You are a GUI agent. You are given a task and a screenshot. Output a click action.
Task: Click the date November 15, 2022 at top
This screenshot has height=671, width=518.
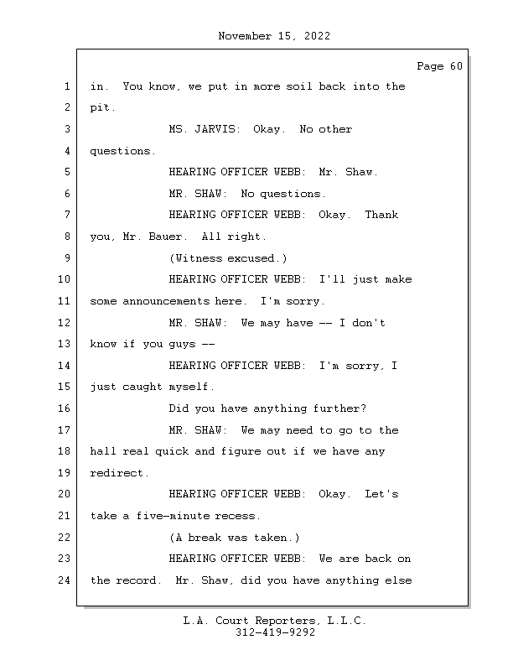[x=274, y=36]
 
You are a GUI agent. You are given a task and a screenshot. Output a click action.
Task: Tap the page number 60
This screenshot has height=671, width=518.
[x=456, y=66]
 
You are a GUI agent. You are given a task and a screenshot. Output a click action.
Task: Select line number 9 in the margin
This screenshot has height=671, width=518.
[x=67, y=257]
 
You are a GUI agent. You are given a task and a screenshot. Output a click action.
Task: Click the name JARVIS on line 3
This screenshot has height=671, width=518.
[x=217, y=129]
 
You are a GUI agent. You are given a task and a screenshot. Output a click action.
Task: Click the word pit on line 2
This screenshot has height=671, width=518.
[x=100, y=107]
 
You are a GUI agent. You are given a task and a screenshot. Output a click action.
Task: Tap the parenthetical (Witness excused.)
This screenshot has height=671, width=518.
[x=228, y=258]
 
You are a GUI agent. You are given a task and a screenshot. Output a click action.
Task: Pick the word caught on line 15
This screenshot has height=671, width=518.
[x=142, y=387]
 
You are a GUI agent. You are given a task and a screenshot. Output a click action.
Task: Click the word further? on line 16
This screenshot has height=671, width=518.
[x=339, y=408]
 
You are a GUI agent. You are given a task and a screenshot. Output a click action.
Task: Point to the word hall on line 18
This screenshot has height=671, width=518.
[x=103, y=451]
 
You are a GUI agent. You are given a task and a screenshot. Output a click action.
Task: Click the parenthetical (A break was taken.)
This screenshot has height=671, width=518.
[x=235, y=538]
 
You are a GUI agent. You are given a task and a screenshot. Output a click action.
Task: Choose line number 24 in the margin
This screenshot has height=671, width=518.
[x=65, y=580]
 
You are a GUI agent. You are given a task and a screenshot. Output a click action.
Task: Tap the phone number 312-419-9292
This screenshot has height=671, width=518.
[x=275, y=632]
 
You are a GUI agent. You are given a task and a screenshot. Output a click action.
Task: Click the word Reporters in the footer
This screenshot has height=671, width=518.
[x=286, y=621]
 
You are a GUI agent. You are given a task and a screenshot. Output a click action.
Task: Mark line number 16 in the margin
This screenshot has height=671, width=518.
[x=65, y=408]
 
